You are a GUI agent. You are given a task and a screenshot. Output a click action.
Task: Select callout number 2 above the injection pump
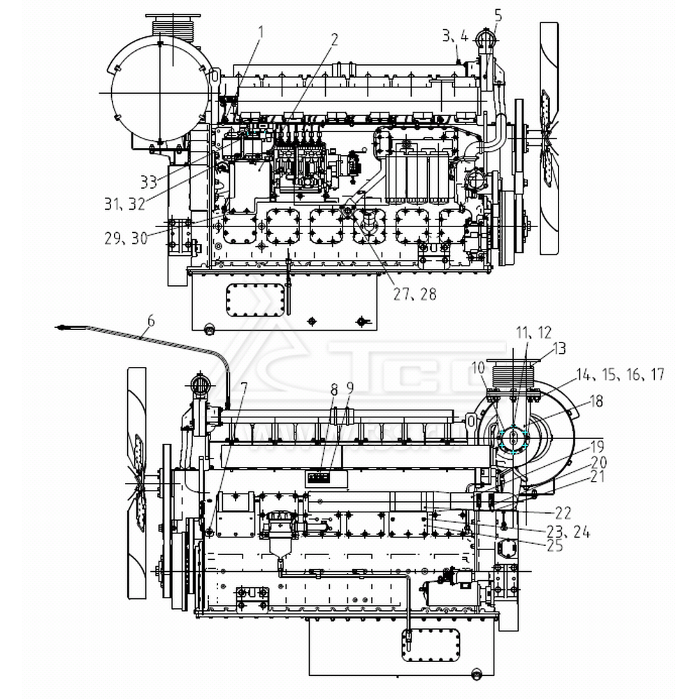pos(334,40)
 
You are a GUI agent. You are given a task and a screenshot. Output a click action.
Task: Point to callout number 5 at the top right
pos(498,14)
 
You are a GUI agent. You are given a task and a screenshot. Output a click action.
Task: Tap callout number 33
pos(148,182)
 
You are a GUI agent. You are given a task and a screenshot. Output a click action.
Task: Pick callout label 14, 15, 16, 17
pos(619,375)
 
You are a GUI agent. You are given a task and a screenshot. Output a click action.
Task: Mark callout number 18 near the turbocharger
pos(596,401)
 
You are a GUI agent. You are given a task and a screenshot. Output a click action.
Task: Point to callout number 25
pos(554,546)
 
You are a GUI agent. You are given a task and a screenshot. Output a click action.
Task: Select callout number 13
pos(559,349)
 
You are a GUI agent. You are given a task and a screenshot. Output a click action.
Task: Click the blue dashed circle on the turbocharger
pos(514,439)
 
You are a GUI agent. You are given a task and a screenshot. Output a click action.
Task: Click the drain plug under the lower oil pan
pos(477,675)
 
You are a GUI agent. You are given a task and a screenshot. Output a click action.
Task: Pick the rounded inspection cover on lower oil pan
pos(431,644)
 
